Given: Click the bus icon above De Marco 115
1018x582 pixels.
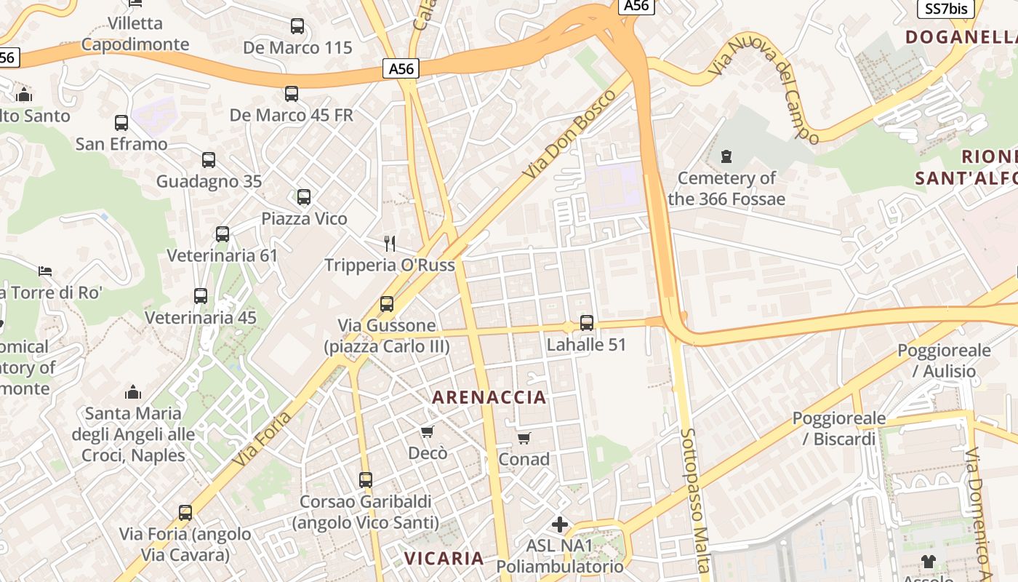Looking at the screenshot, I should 297,26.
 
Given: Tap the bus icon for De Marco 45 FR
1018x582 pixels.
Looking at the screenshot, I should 292,93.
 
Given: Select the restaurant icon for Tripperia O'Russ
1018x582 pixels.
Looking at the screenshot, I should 390,243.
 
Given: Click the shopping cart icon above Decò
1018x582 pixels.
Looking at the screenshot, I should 428,431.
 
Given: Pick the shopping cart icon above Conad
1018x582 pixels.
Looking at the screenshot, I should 524,437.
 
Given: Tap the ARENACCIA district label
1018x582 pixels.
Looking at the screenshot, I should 489,397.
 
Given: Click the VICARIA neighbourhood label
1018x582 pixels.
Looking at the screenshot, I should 444,558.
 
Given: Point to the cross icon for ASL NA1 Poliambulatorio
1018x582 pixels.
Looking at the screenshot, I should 559,524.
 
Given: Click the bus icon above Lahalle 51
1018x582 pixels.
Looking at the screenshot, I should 586,322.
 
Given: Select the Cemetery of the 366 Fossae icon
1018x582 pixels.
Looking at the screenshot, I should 726,156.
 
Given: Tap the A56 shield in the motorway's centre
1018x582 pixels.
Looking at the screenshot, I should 401,69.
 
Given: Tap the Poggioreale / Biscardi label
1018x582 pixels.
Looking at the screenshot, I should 838,428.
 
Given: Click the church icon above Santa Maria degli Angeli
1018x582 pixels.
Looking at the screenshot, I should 132,392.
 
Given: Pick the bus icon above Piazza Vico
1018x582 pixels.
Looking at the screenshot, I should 304,196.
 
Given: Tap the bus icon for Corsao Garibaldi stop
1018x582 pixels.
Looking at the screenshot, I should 366,479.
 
